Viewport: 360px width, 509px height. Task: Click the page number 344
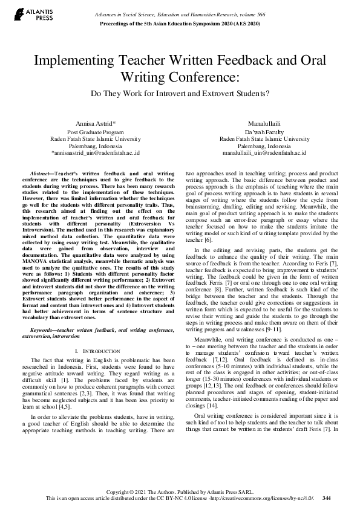coord(327,498)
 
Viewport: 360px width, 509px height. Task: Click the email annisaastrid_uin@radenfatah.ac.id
coord(96,154)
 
